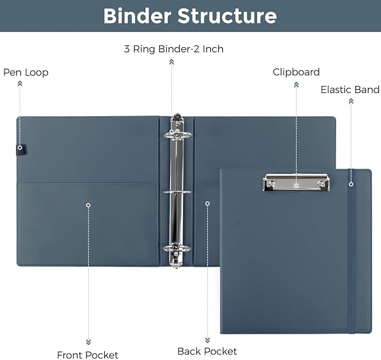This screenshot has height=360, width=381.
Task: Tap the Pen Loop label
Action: tap(26, 72)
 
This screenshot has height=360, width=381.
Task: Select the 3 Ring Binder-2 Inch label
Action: tap(173, 49)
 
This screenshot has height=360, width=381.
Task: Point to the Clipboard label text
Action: tap(296, 72)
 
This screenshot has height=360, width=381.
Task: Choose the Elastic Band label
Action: tap(350, 90)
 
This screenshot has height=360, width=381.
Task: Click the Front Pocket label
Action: tap(88, 354)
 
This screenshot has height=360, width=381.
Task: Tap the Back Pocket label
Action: tap(207, 352)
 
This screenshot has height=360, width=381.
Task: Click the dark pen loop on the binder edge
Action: tap(20, 150)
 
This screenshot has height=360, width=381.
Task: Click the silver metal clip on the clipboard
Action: tap(296, 182)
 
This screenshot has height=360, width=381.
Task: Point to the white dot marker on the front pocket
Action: tap(88, 205)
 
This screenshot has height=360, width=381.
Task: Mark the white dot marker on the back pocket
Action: tap(207, 203)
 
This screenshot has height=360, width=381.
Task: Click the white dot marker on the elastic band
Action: tap(351, 183)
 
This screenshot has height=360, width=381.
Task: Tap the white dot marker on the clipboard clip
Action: tap(296, 184)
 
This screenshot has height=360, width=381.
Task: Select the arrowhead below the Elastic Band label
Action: tap(351, 101)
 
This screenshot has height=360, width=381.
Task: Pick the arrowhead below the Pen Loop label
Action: tap(20, 84)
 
